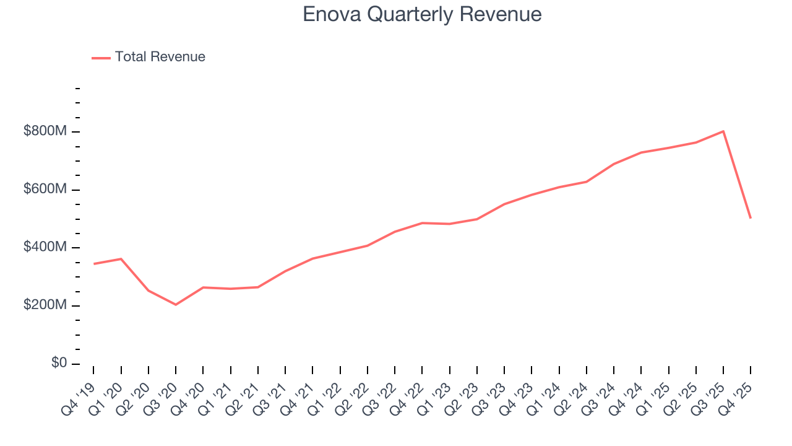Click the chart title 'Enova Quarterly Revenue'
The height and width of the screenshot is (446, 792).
(422, 14)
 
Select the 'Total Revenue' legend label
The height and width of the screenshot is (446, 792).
(160, 57)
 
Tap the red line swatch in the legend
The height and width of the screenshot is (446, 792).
(101, 58)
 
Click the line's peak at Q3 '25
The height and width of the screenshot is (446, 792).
(723, 131)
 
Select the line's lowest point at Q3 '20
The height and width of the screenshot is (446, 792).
(176, 305)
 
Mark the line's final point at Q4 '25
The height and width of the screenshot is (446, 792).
(751, 218)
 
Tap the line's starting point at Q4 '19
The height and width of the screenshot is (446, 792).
(93, 264)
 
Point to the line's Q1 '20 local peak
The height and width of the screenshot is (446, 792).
(121, 259)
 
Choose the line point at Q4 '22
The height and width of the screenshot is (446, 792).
(422, 223)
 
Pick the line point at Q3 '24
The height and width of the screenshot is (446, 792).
(614, 164)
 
